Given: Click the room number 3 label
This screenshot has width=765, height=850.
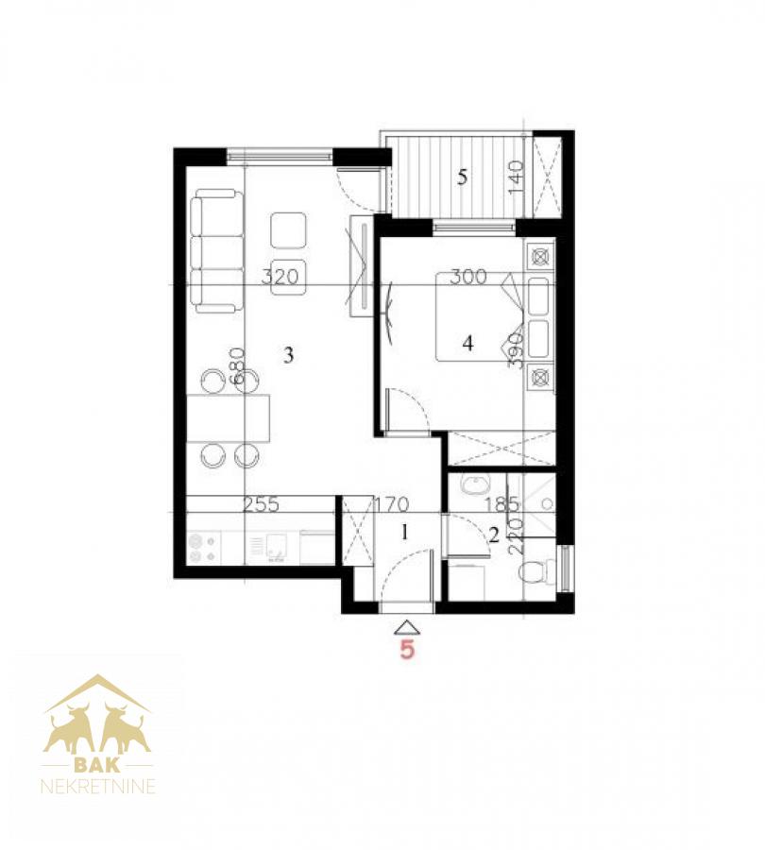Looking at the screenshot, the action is coord(288,355).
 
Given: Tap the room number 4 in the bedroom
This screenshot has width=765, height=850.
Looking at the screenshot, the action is coord(467,343).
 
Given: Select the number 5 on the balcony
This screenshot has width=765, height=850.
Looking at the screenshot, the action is coord(462,178).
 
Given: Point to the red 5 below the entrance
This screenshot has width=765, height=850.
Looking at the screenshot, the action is coord(407,649).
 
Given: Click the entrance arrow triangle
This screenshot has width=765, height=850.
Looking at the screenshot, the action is coord(407,628).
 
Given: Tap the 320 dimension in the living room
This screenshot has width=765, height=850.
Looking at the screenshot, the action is coord(280,277).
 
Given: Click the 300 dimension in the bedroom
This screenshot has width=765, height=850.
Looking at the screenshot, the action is coord(468,277).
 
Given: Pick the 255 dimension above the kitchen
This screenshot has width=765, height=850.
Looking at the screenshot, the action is coord(261,504).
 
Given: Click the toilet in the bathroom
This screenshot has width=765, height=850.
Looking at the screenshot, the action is coord(536,571).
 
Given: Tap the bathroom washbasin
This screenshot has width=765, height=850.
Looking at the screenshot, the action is coord(476,484).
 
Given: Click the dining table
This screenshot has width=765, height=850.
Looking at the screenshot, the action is coord(229,418).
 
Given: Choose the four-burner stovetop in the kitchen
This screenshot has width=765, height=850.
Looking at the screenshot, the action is coord(203,548).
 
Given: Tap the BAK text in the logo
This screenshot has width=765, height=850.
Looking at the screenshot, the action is coord(97,765).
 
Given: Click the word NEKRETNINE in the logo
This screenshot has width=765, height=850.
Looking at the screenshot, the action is coord(98,786).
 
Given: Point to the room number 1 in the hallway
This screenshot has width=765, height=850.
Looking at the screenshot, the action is coord(404,533).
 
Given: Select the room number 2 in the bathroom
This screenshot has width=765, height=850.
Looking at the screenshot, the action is coord(493,535).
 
